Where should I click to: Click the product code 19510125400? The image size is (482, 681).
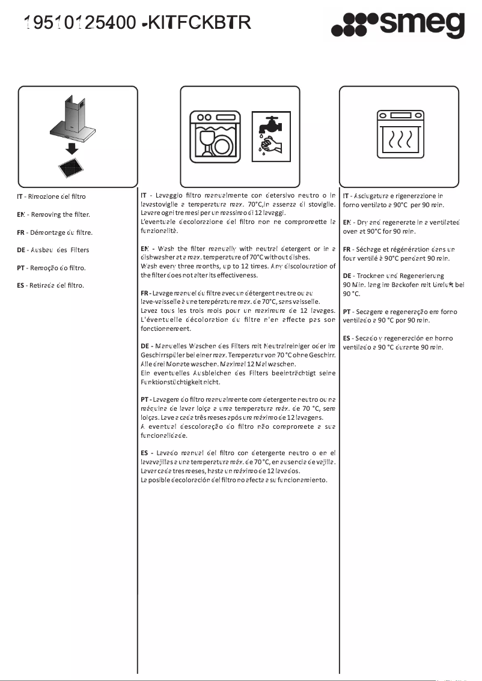tap(78, 23)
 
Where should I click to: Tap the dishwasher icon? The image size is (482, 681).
tap(215, 136)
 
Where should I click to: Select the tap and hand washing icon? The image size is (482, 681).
tap(270, 136)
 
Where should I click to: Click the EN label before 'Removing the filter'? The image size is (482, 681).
tap(20, 214)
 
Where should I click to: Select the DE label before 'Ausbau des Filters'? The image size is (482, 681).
tap(21, 250)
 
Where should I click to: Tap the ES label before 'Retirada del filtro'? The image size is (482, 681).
tap(20, 285)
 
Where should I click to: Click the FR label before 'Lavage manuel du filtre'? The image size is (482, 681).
tap(144, 293)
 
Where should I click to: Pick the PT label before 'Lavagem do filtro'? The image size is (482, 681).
tap(144, 399)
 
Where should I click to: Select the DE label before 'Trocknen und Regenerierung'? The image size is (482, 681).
tap(347, 275)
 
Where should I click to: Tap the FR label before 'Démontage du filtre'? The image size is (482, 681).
tap(20, 232)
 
